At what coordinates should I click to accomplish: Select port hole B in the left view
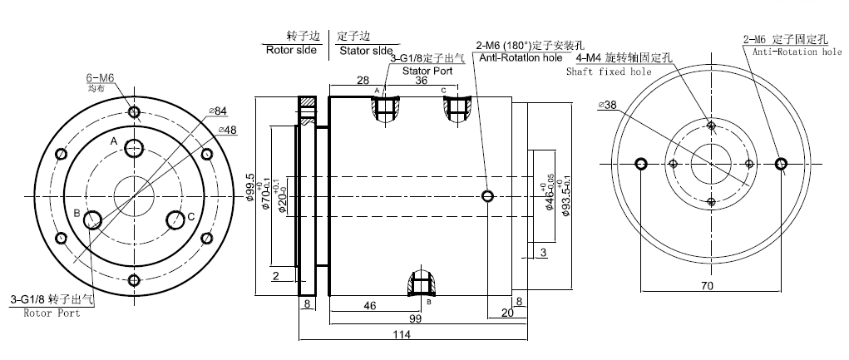92,219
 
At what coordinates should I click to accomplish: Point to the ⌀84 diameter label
218,111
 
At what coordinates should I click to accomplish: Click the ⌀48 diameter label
227,130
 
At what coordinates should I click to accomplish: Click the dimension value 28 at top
362,81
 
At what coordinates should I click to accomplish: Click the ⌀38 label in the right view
607,106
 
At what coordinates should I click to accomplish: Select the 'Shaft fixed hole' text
609,72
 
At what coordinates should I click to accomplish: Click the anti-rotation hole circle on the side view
488,197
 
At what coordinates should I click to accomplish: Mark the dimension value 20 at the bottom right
506,313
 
